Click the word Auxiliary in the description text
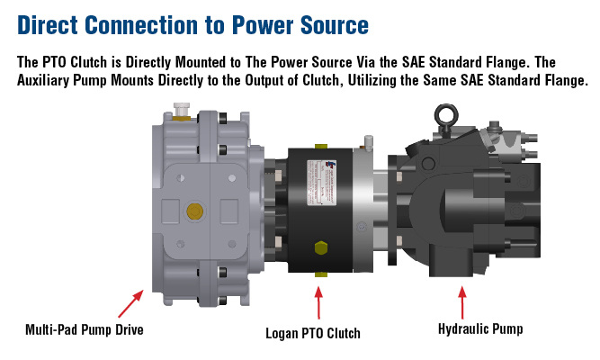[x=50, y=81]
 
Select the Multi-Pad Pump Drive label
[x=85, y=330]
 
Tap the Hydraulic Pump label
[x=480, y=330]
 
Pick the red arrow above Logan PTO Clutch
[x=317, y=304]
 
